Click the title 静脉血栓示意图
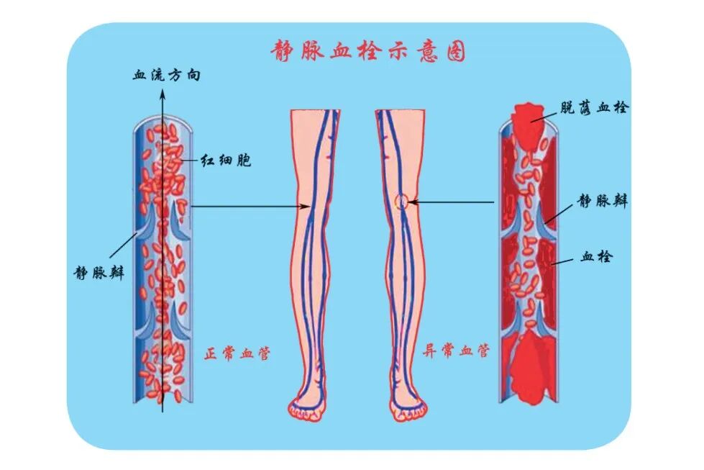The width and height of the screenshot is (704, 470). (x=367, y=52)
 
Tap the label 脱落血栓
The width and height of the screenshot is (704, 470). (x=595, y=108)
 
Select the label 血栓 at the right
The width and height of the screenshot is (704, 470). (x=596, y=256)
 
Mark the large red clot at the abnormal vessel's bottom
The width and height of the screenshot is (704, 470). (x=530, y=367)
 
